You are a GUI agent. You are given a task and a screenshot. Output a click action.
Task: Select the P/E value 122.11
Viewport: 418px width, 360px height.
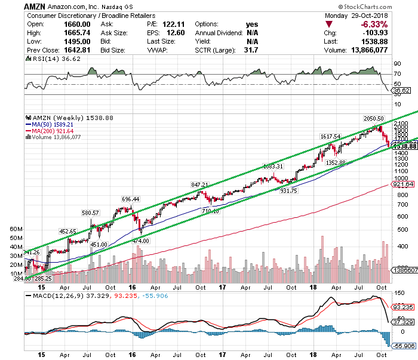pos(166,24)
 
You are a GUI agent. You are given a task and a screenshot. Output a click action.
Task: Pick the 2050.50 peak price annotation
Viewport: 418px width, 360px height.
pos(372,119)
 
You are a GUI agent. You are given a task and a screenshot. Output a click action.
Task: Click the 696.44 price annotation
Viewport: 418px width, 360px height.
pos(130,199)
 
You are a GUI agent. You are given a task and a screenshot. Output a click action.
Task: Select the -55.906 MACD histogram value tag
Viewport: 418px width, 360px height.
pos(405,345)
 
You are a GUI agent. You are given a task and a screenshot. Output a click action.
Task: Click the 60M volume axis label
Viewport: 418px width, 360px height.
pos(16,229)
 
